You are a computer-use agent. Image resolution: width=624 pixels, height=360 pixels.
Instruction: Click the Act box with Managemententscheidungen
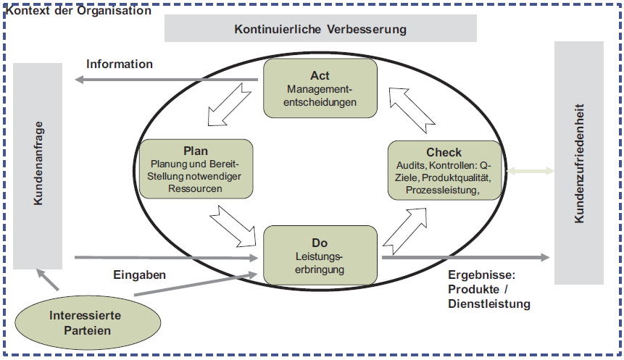[x=320, y=88]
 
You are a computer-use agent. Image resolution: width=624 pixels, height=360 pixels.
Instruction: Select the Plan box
[x=196, y=169]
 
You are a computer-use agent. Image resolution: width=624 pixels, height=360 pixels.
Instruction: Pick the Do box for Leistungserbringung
[x=320, y=254]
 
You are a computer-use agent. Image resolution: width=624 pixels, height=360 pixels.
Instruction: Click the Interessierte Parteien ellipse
[x=85, y=323]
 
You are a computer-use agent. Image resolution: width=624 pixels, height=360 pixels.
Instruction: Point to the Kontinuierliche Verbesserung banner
[x=320, y=30]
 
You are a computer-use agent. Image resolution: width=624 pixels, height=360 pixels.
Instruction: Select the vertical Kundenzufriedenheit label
[x=578, y=164]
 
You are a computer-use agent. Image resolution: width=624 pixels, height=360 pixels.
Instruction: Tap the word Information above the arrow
[x=120, y=64]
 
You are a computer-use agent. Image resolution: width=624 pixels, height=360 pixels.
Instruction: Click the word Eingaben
[x=140, y=275]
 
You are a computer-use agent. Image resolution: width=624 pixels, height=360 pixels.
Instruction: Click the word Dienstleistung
[x=489, y=304]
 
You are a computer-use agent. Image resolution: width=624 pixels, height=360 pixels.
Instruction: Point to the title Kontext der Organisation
[x=78, y=11]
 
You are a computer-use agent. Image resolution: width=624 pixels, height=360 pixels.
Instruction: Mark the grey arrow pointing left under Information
[x=167, y=79]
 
